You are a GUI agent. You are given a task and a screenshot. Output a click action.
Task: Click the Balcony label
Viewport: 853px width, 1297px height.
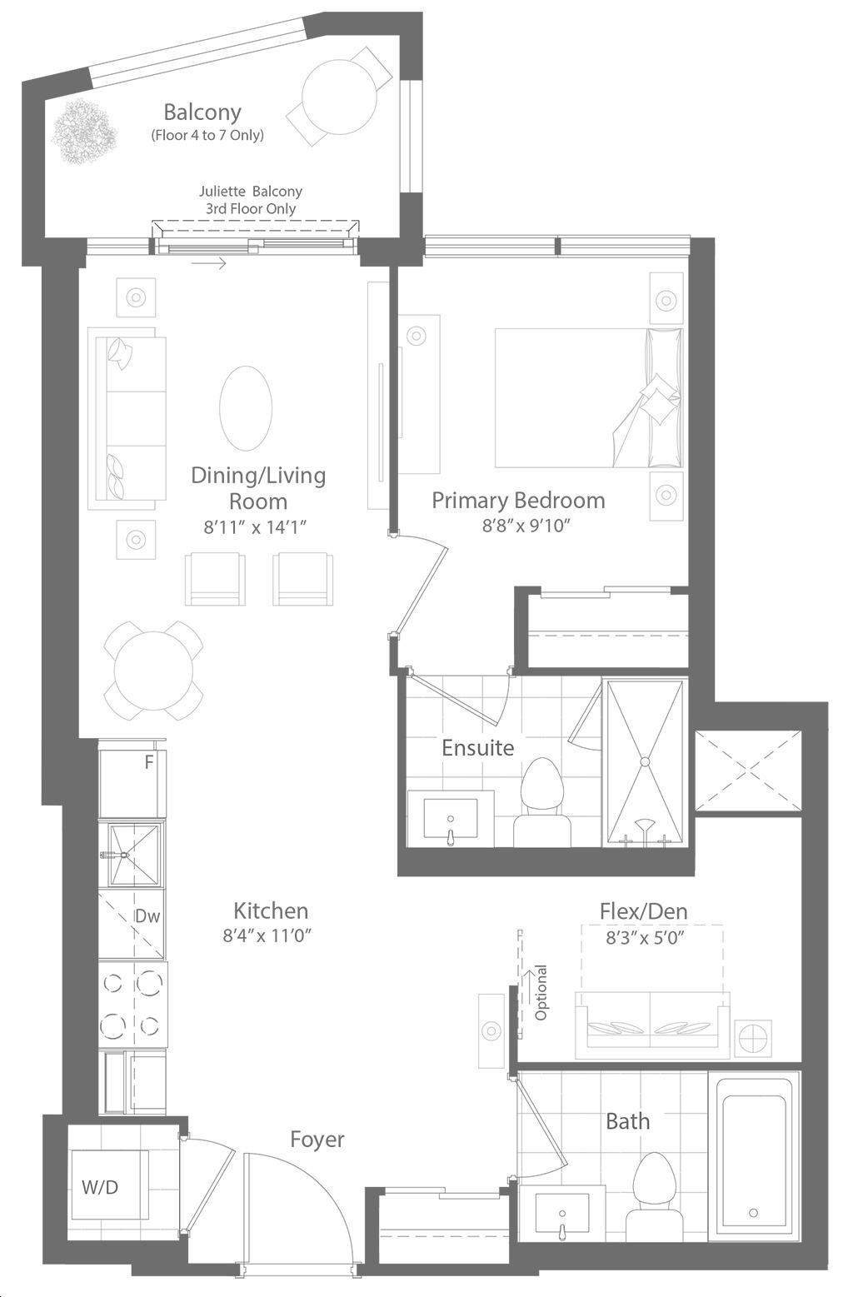202,112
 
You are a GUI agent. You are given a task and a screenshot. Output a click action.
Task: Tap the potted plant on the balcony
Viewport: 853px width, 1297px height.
85,132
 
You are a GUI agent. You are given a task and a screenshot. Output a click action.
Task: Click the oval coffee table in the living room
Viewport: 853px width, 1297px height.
246,407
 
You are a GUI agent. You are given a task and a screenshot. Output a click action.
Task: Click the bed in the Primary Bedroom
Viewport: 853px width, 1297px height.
588,398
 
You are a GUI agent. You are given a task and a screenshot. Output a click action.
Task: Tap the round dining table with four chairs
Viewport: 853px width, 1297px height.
153,671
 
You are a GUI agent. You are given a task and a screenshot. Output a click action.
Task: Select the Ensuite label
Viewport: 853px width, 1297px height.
478,747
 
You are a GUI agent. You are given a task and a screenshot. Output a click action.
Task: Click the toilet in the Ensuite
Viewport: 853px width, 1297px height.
542,802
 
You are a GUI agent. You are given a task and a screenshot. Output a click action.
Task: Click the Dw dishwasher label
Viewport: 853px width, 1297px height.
147,916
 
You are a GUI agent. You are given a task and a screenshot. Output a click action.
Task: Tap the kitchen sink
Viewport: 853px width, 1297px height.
134,855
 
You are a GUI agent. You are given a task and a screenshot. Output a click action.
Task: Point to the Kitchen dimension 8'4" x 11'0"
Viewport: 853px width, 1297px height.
267,935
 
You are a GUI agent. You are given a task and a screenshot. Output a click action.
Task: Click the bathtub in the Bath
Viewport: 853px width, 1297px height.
754,1176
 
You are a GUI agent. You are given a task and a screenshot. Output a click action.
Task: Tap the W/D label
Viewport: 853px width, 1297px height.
100,1188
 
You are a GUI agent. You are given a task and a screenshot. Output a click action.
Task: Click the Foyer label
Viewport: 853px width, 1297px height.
317,1140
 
